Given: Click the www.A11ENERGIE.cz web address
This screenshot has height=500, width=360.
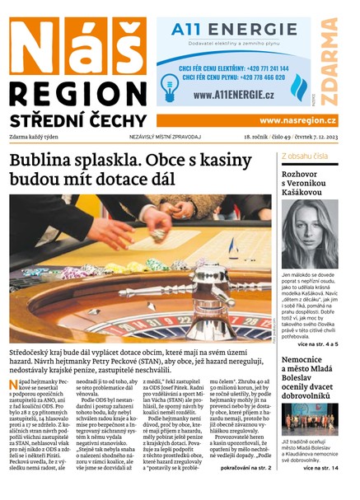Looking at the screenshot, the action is (x=233, y=96).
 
